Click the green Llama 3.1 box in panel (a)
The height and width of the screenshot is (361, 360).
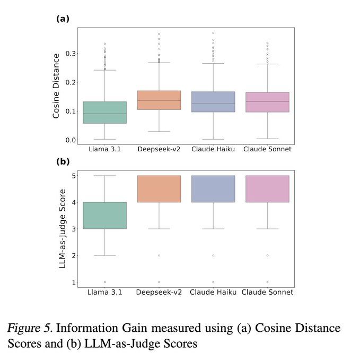tap(104, 112)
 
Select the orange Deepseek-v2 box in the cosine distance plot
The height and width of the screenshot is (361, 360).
tap(159, 100)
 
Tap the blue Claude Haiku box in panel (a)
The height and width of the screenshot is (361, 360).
tap(213, 101)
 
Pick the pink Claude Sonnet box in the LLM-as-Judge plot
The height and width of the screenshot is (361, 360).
tap(267, 188)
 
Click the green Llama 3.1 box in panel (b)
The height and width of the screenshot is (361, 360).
tap(104, 215)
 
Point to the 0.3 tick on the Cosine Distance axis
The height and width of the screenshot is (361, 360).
tap(69, 54)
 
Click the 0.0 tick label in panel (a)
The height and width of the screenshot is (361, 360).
tap(69, 140)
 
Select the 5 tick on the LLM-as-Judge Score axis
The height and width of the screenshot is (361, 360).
tap(73, 176)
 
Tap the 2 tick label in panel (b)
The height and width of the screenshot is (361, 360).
tap(73, 255)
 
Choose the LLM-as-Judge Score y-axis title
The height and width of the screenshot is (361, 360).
tap(62, 228)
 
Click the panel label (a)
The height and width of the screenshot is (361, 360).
tap(63, 19)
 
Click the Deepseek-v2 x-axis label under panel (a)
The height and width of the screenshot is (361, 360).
tap(159, 149)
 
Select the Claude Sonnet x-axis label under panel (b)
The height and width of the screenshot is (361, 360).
tap(268, 292)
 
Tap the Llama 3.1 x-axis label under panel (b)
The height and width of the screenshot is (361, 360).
tap(104, 292)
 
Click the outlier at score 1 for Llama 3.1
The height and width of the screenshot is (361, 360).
tap(104, 282)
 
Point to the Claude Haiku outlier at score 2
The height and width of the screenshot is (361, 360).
tap(213, 255)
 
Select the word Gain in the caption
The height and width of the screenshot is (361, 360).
tap(133, 328)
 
